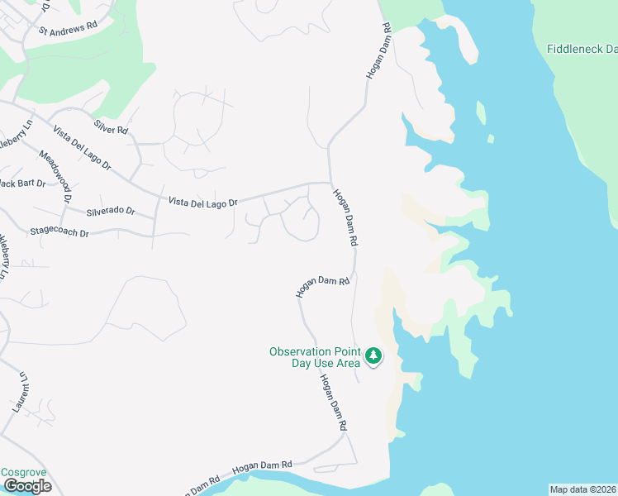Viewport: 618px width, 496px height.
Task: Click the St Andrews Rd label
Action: click(x=68, y=26)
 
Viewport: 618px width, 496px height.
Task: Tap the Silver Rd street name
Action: click(x=112, y=129)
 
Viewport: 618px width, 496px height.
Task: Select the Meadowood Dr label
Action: click(x=57, y=173)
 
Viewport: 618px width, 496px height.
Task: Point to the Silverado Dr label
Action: click(x=109, y=210)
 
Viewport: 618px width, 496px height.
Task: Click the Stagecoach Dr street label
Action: click(x=59, y=232)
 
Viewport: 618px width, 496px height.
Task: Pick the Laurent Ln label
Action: click(x=21, y=392)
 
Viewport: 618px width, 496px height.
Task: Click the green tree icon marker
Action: click(x=374, y=356)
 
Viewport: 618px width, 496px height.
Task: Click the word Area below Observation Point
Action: click(x=346, y=363)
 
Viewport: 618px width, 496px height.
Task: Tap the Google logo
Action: click(x=27, y=486)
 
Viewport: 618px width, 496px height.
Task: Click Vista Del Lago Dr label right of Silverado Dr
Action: click(x=203, y=202)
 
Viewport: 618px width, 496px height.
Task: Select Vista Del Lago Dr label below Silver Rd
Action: click(x=82, y=148)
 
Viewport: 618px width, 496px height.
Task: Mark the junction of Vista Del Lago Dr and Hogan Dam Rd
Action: click(x=330, y=184)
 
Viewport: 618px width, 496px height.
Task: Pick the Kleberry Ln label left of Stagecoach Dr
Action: click(x=4, y=255)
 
